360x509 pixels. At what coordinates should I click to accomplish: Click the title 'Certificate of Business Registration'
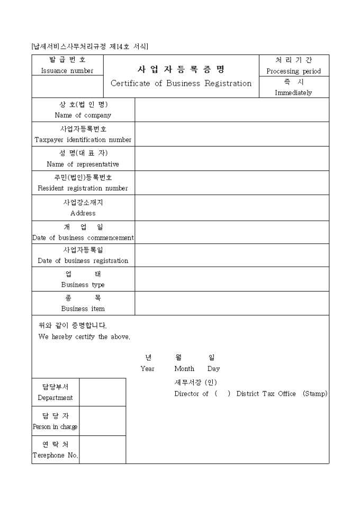pyautogui.click(x=181, y=84)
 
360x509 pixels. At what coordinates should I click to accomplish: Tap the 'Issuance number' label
pyautogui.click(x=67, y=71)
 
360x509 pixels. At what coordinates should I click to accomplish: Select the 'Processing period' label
pyautogui.click(x=293, y=71)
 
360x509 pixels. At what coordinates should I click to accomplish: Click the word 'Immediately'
pyautogui.click(x=293, y=93)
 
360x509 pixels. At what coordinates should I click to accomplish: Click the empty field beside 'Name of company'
pyautogui.click(x=231, y=110)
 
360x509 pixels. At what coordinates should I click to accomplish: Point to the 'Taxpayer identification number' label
pyautogui.click(x=83, y=140)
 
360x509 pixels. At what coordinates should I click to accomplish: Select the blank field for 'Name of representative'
pyautogui.click(x=231, y=158)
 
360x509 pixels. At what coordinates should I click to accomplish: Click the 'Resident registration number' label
pyautogui.click(x=83, y=188)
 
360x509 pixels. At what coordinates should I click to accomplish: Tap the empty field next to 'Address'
pyautogui.click(x=231, y=207)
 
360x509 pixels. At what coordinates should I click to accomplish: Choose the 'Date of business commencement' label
pyautogui.click(x=83, y=238)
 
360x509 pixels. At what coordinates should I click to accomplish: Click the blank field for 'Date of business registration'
pyautogui.click(x=231, y=255)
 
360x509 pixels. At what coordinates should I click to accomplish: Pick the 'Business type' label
pyautogui.click(x=83, y=285)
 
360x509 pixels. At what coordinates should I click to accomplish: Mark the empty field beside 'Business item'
pyautogui.click(x=231, y=303)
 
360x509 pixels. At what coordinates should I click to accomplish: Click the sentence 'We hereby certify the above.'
pyautogui.click(x=84, y=337)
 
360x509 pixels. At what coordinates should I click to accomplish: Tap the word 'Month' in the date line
pyautogui.click(x=184, y=369)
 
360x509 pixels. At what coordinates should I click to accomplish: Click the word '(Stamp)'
pyautogui.click(x=315, y=394)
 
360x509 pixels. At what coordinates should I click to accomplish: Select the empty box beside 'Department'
pyautogui.click(x=103, y=392)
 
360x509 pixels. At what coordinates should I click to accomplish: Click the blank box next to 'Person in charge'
pyautogui.click(x=103, y=421)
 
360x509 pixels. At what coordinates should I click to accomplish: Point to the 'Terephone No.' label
pyautogui.click(x=56, y=456)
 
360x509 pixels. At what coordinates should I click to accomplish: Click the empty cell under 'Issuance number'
pyautogui.click(x=67, y=87)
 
